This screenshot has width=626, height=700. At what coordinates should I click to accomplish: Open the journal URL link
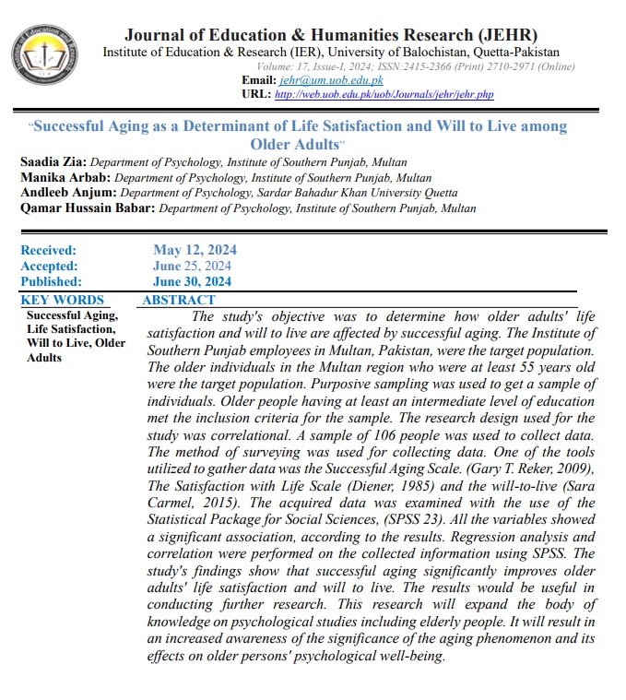[384, 95]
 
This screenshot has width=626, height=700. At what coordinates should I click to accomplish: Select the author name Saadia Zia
[52, 162]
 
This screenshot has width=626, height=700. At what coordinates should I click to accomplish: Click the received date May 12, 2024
[195, 250]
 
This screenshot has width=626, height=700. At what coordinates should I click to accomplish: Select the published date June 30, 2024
[193, 281]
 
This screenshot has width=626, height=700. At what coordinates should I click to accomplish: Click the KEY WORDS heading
[63, 300]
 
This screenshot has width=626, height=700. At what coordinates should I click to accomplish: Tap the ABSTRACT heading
[179, 300]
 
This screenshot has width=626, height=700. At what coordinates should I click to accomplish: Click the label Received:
[49, 250]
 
